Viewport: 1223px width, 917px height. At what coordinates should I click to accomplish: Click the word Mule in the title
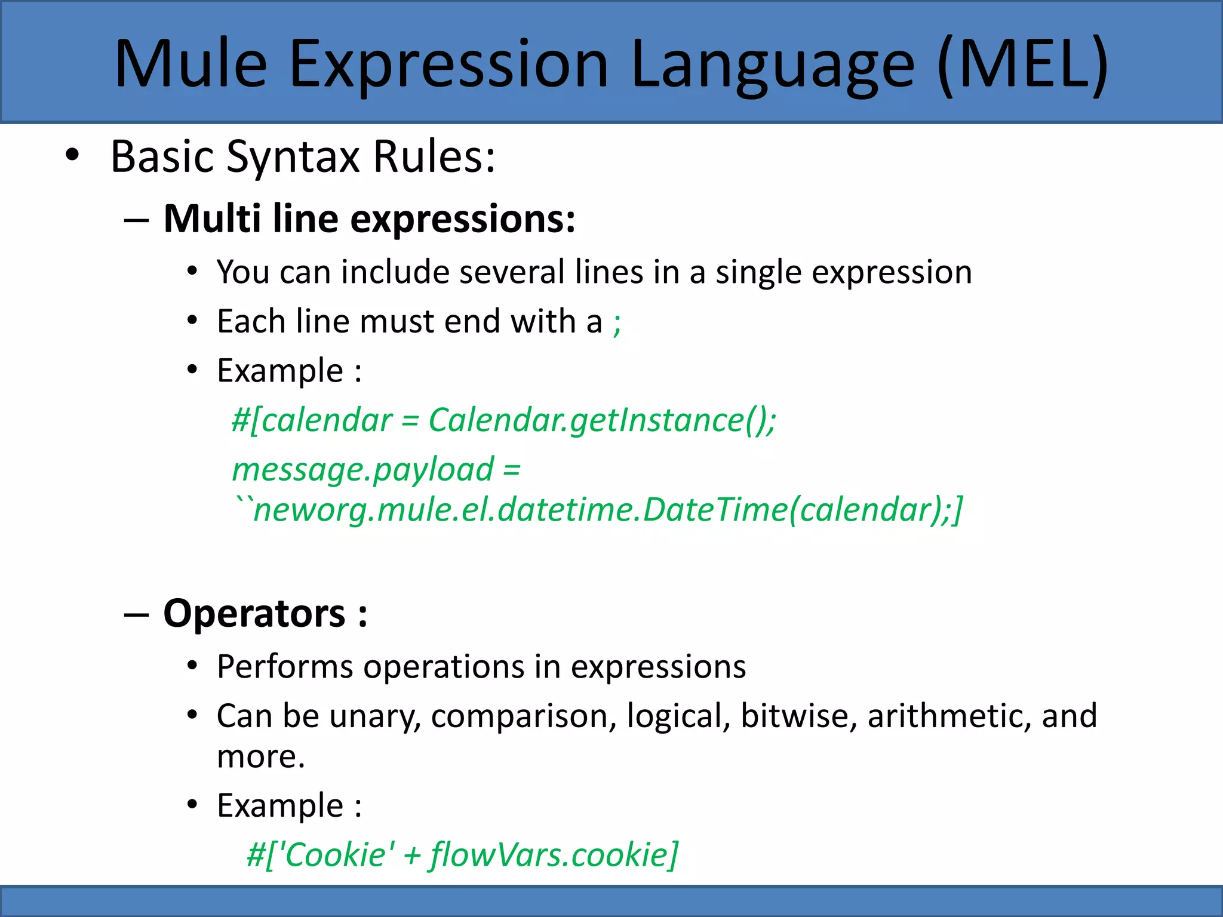190,64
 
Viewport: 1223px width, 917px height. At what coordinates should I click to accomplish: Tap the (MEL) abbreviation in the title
1023,64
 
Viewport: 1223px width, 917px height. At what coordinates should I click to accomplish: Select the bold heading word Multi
212,219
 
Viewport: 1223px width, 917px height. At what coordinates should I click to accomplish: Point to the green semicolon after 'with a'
617,324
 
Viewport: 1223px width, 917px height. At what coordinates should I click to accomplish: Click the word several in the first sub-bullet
512,272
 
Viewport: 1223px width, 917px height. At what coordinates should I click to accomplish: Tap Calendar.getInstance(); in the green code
602,420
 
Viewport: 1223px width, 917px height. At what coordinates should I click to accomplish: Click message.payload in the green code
363,470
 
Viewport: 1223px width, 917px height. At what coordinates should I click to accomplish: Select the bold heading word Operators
254,614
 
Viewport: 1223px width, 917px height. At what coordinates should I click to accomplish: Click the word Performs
285,666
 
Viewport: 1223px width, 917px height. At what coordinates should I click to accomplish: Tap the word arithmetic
949,716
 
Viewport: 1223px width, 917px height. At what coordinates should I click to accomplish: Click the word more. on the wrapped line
261,757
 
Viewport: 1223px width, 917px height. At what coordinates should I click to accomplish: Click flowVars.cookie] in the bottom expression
554,855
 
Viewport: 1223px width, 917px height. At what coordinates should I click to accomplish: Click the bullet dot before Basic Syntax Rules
72,156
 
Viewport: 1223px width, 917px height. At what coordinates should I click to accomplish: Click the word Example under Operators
279,806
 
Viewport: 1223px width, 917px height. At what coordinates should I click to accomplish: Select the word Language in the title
772,64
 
